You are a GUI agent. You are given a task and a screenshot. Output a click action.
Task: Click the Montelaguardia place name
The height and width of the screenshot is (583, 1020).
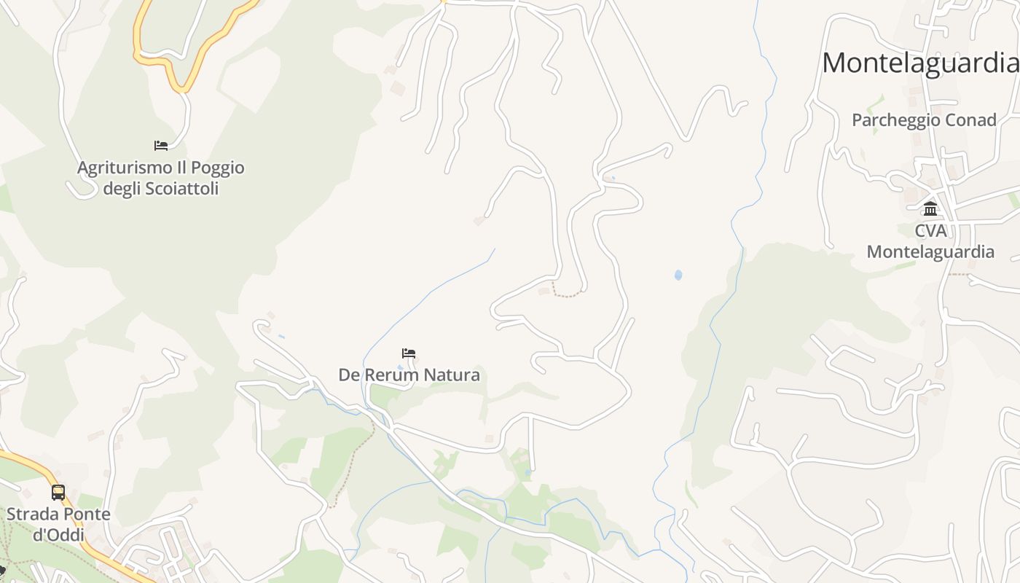(920, 63)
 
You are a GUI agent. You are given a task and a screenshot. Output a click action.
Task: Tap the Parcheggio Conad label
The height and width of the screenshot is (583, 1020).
(924, 120)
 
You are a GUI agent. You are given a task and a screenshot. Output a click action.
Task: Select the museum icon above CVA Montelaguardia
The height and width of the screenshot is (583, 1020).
(930, 209)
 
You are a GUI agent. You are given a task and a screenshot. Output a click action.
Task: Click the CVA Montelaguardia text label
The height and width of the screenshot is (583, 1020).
(930, 241)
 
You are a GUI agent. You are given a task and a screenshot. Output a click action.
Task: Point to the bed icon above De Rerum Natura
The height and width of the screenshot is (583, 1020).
(409, 353)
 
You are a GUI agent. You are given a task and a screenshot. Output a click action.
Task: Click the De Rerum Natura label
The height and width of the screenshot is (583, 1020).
(409, 375)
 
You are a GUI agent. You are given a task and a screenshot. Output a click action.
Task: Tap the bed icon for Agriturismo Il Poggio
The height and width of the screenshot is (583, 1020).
(161, 146)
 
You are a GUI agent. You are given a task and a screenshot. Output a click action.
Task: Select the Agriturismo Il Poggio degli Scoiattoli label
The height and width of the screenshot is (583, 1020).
(161, 179)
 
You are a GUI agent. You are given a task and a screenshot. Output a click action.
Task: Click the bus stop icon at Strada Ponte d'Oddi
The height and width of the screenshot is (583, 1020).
(58, 493)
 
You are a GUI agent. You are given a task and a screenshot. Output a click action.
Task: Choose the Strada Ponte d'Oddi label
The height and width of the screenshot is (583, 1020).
(58, 525)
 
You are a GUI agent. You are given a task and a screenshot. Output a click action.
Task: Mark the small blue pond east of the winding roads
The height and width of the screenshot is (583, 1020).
(678, 275)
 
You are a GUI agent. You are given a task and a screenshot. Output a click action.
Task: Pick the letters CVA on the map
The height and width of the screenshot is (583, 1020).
(930, 231)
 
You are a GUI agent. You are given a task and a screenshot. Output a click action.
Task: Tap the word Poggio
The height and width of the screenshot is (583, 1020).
(217, 168)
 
